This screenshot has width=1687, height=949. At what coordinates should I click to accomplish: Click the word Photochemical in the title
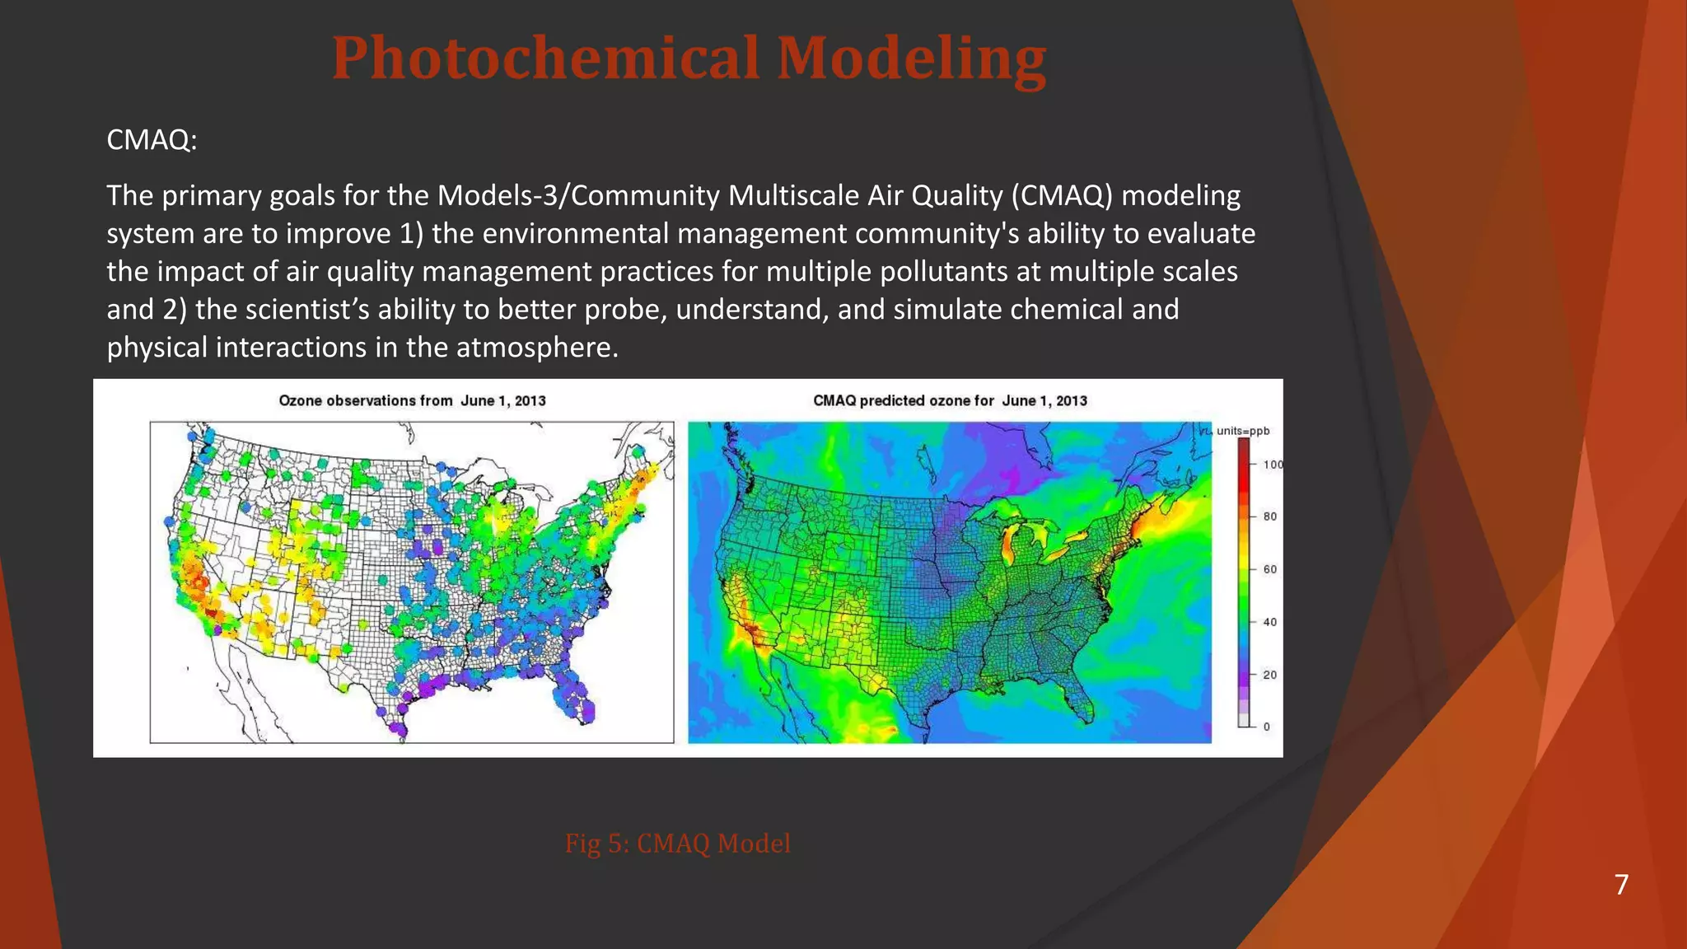tap(544, 59)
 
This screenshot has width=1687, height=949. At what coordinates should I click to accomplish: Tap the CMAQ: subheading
tap(152, 140)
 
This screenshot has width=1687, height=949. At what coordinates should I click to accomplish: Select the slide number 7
tap(1621, 885)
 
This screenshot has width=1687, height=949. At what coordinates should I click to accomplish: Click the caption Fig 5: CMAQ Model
tap(677, 844)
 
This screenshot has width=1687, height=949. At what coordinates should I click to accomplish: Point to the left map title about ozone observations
tap(412, 401)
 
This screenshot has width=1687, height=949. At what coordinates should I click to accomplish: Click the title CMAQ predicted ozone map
tap(950, 401)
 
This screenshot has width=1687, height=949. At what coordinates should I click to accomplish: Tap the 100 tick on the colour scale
tap(1273, 465)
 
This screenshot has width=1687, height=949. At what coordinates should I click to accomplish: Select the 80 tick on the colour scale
tap(1270, 517)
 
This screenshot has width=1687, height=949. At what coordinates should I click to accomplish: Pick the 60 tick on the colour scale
tap(1270, 569)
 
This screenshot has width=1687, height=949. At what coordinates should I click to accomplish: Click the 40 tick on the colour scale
tap(1270, 622)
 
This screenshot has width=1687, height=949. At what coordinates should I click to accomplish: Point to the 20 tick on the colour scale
tap(1270, 675)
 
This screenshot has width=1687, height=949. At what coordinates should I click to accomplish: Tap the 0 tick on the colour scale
tap(1267, 727)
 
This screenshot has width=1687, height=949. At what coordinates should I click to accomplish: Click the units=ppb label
tap(1243, 431)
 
